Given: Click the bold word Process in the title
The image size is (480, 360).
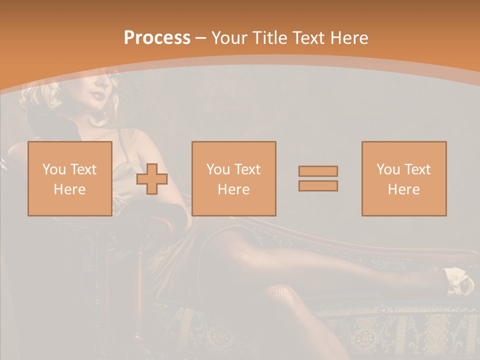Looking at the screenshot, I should pos(157,38).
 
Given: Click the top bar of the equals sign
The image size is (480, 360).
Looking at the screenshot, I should pos(318,171).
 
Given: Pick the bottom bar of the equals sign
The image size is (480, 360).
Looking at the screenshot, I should pos(318,186).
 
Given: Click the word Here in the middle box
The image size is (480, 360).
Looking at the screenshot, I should pos(233,189).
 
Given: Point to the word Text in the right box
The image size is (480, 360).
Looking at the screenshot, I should pos(417,169).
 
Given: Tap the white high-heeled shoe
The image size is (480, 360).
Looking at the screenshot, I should pos(459,281).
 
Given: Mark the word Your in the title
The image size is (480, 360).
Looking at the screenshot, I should pos(230,38).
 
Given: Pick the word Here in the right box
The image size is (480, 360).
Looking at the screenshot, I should pos(404,189).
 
